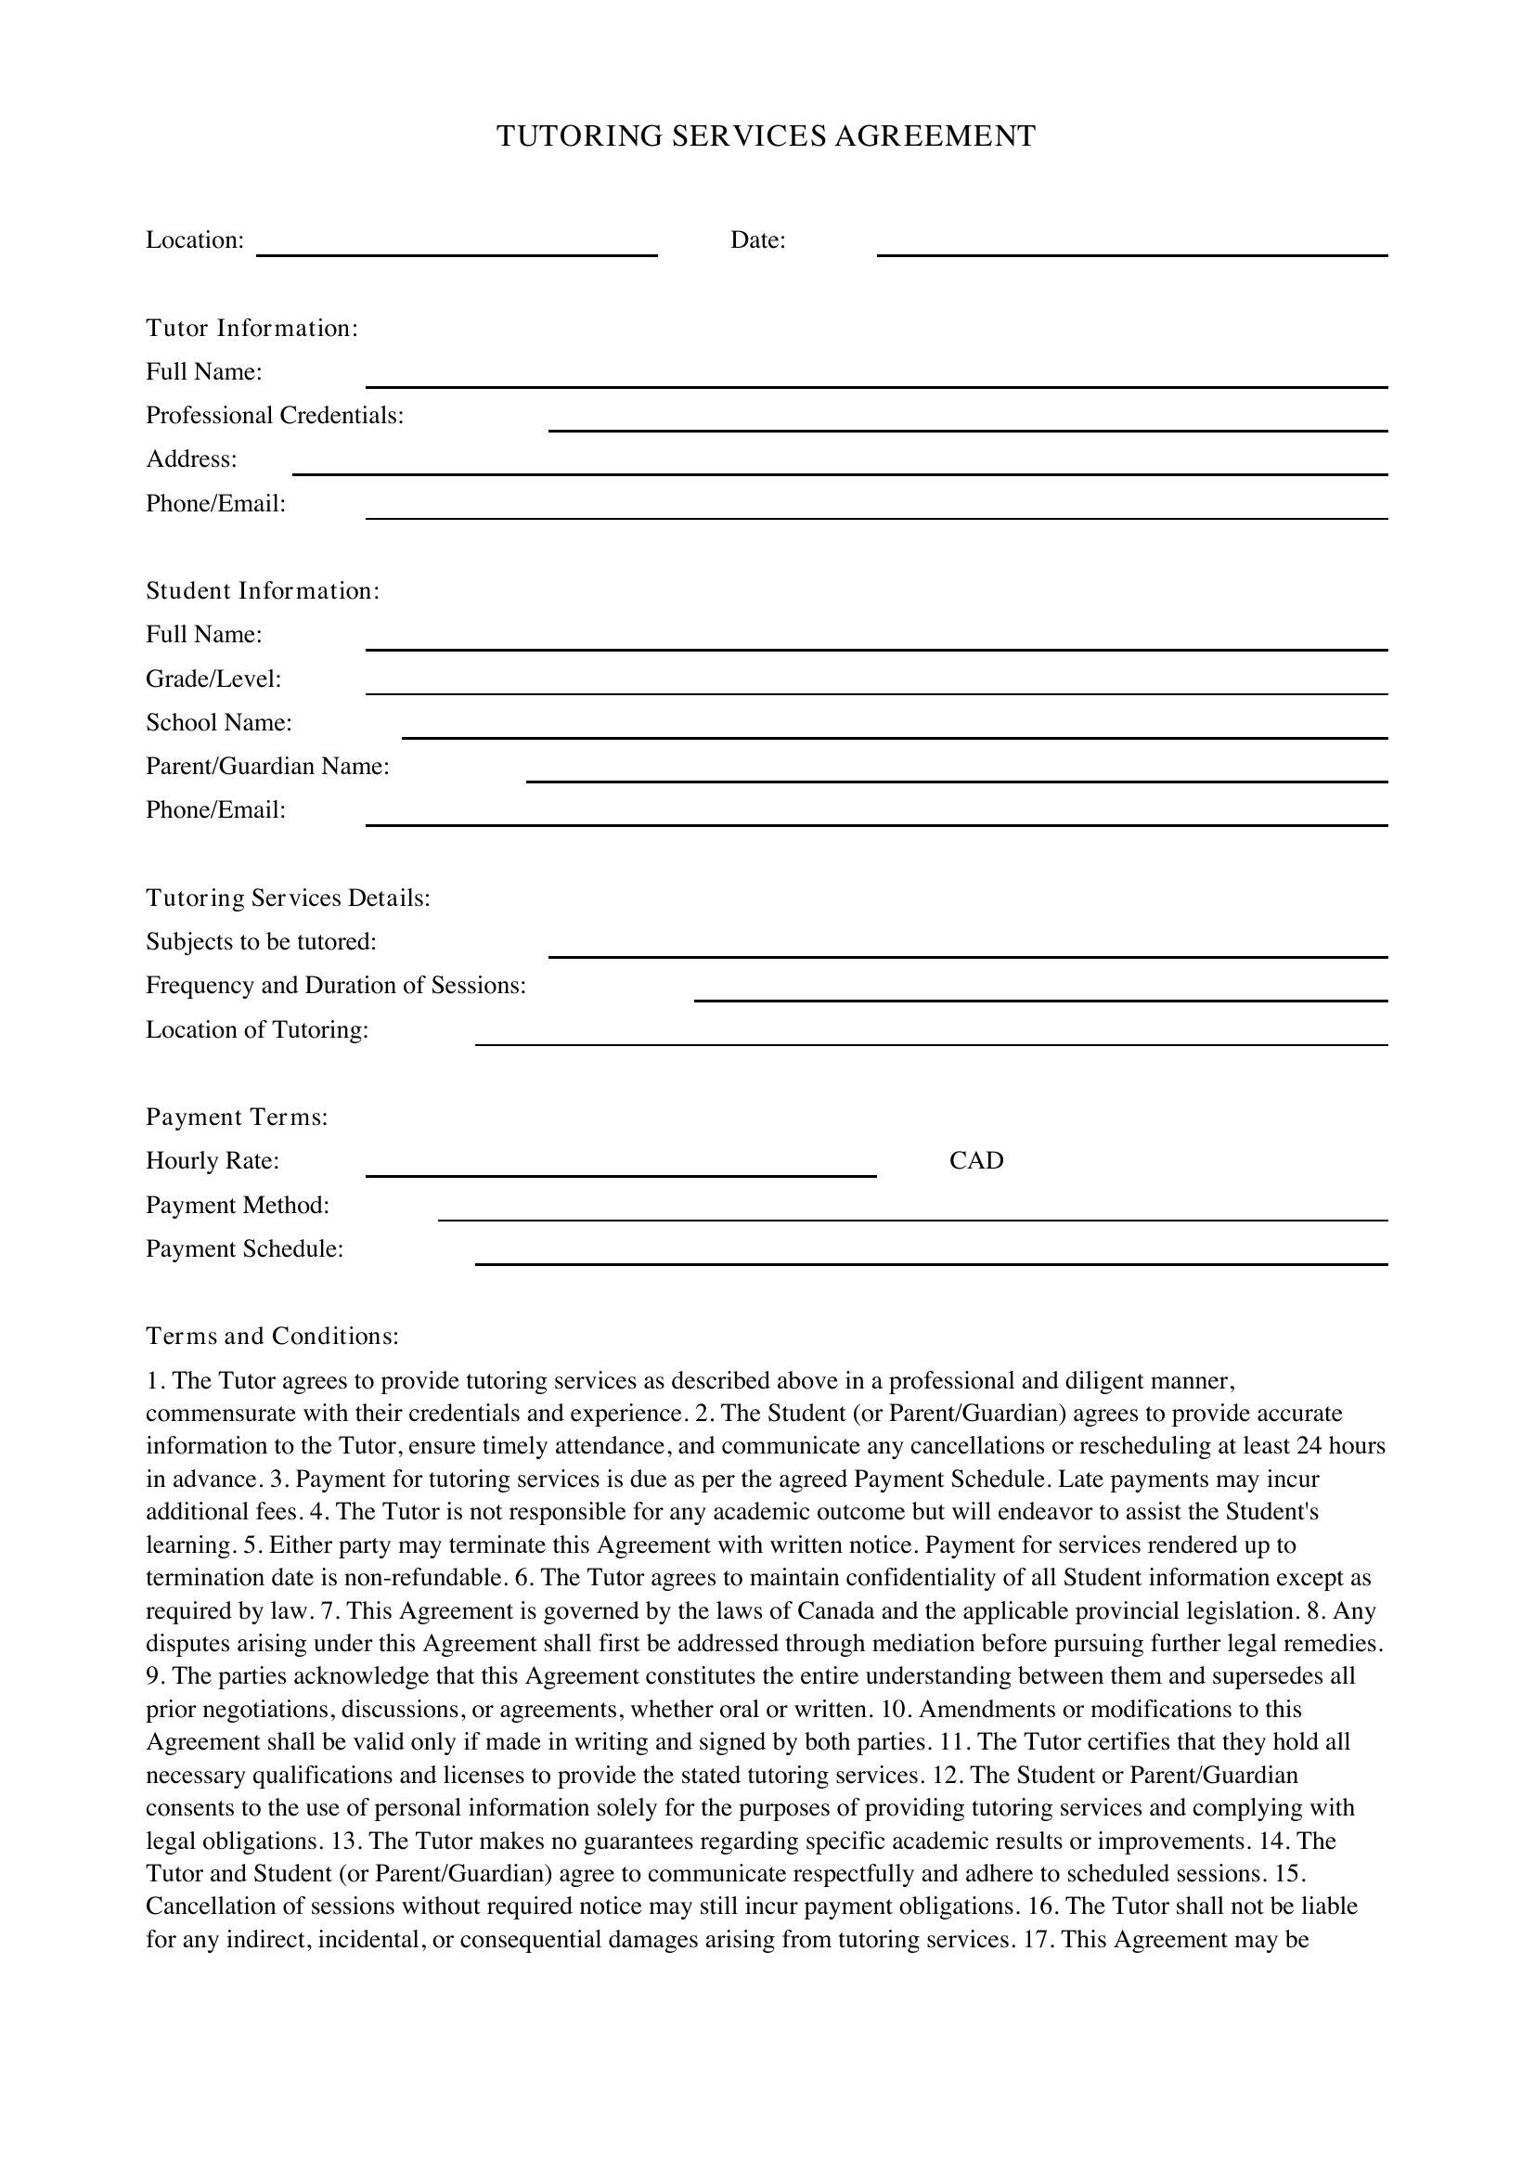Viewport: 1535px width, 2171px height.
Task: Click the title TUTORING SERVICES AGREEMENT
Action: tap(766, 136)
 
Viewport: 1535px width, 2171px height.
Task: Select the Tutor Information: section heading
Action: tap(252, 328)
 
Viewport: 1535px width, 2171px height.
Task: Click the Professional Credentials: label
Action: tap(274, 416)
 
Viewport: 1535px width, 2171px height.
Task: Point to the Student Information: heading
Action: tap(262, 591)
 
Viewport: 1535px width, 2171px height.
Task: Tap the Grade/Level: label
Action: tap(213, 678)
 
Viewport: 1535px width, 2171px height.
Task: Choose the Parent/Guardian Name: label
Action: tap(267, 766)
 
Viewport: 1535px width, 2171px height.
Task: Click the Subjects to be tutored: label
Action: tap(261, 942)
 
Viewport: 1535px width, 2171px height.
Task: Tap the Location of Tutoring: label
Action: tap(256, 1029)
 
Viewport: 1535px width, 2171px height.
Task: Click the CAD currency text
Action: tap(975, 1161)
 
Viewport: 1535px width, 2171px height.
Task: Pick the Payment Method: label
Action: tap(238, 1206)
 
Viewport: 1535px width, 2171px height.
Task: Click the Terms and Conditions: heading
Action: tap(272, 1336)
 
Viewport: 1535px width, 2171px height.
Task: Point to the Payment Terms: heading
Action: tap(237, 1118)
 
